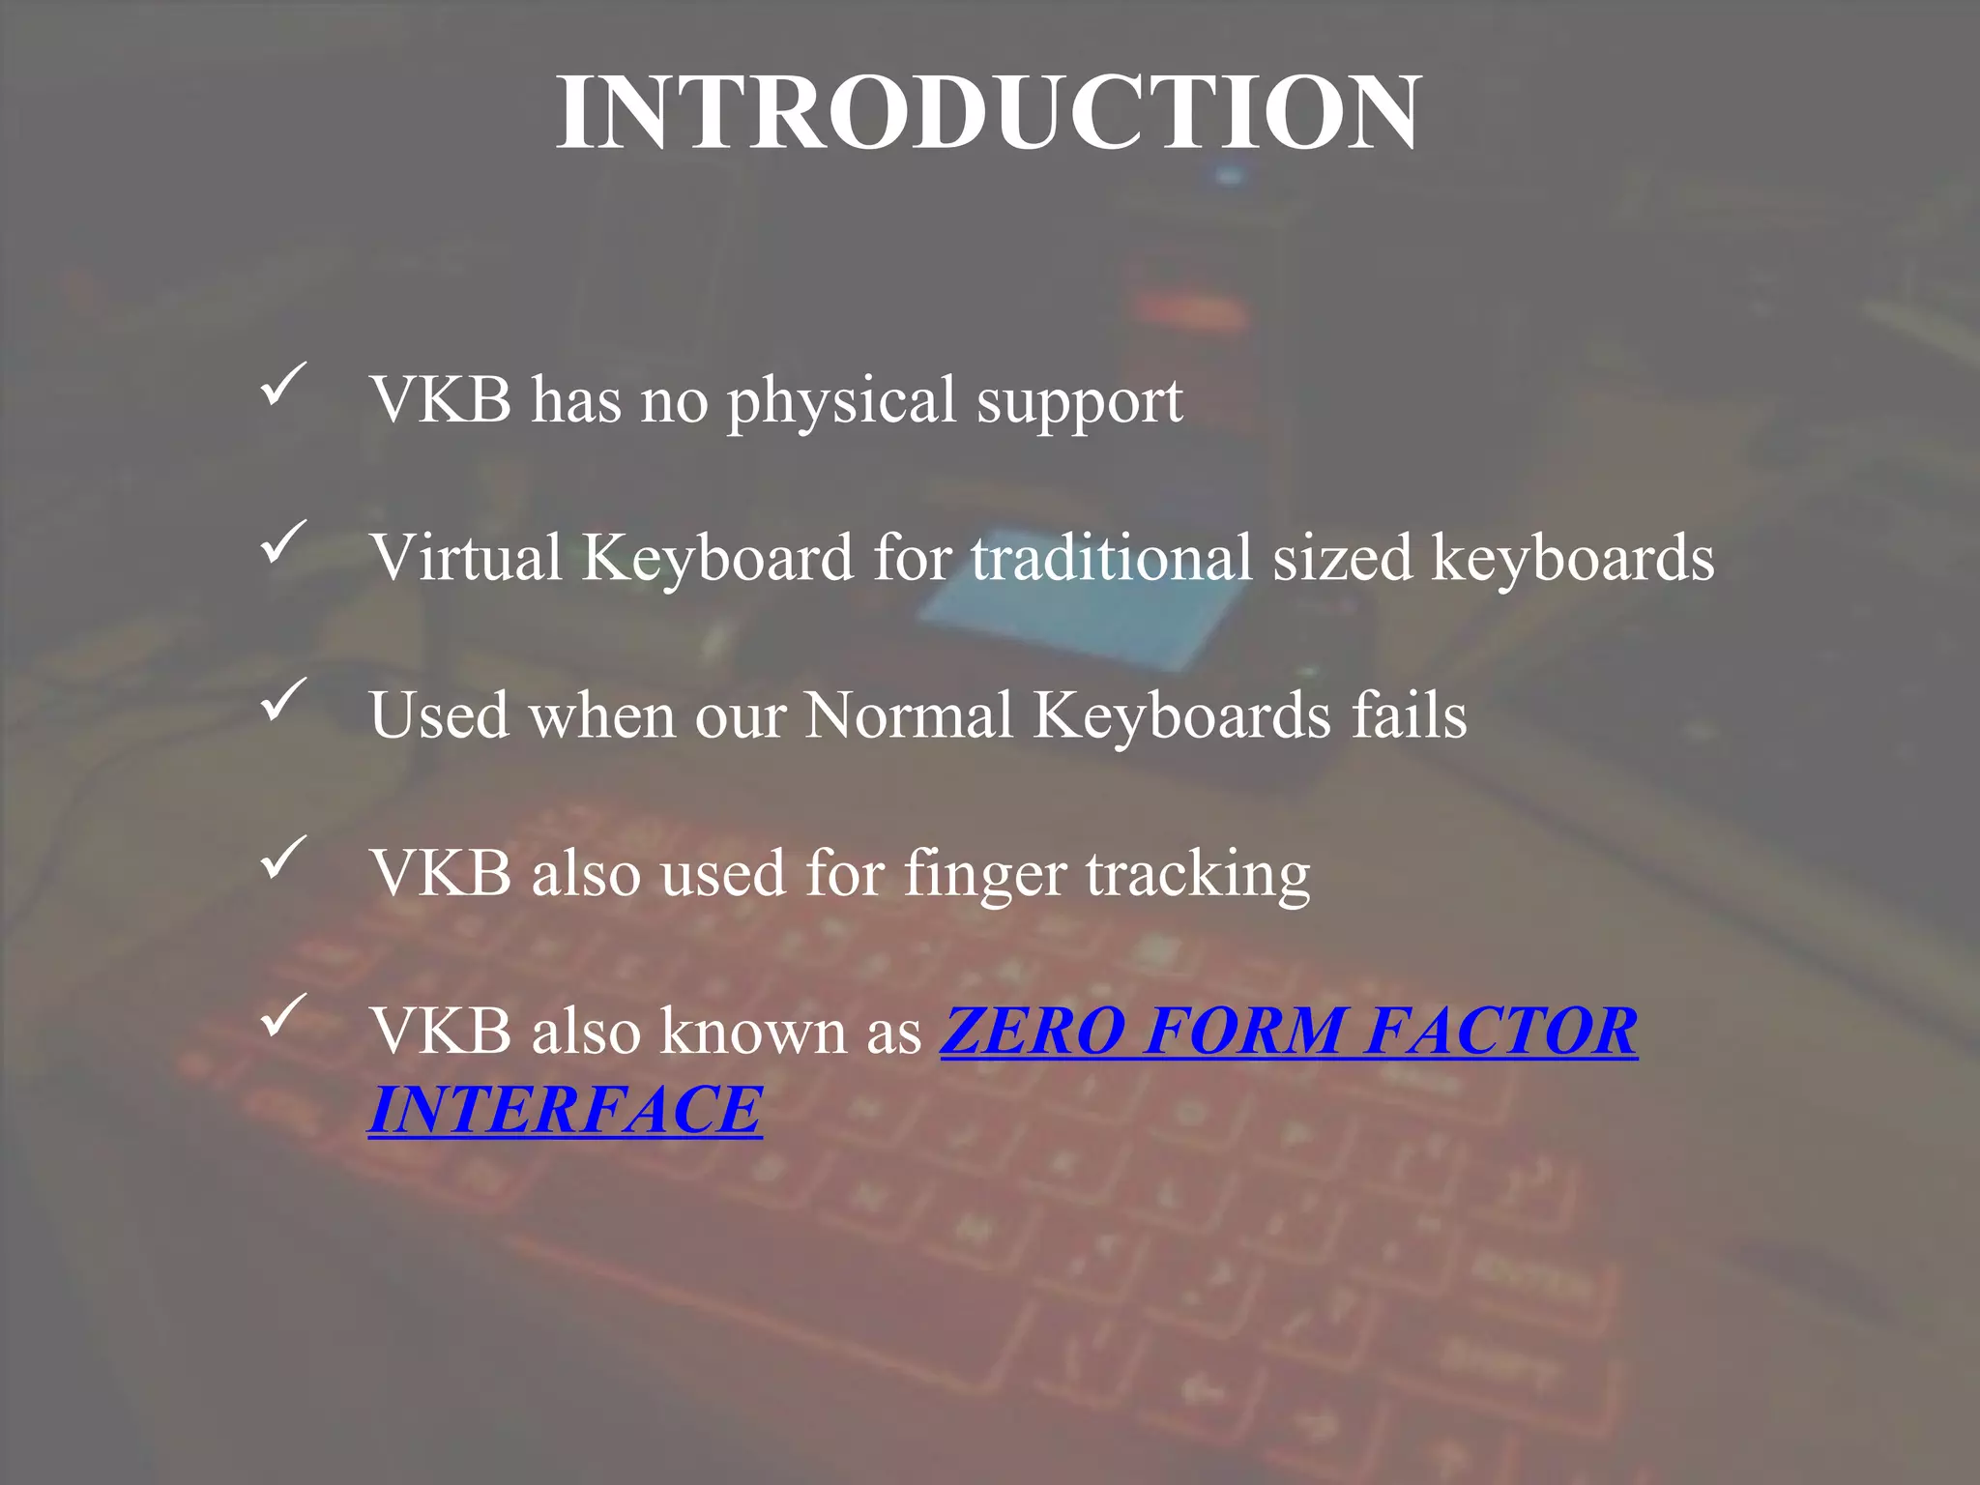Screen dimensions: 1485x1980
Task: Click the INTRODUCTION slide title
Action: click(988, 113)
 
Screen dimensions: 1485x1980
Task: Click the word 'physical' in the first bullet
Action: click(841, 400)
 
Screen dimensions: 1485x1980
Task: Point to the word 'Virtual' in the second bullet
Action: click(466, 558)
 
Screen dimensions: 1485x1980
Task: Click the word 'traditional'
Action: click(1112, 558)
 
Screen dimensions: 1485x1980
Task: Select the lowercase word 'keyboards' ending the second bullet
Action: click(1573, 560)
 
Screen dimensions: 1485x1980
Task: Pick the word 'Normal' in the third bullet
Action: click(909, 716)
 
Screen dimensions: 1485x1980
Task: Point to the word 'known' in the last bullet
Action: click(754, 1033)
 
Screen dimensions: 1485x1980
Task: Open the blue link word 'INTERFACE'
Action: click(566, 1110)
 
